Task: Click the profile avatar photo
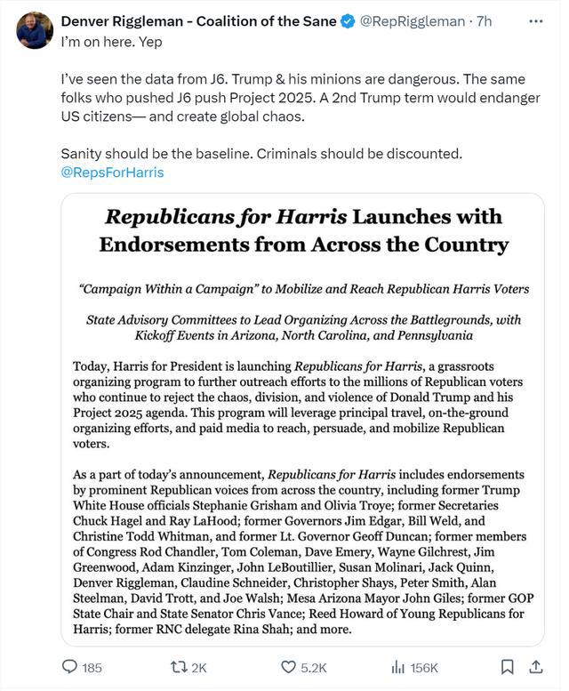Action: click(x=35, y=30)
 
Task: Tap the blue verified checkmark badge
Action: click(x=349, y=21)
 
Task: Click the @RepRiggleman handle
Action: click(x=413, y=21)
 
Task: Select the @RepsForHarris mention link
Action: click(x=112, y=172)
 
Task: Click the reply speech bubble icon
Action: click(x=70, y=666)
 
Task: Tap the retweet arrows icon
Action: click(x=179, y=666)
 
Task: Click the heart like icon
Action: click(x=288, y=666)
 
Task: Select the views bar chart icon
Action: click(x=397, y=666)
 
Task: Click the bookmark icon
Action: click(x=507, y=666)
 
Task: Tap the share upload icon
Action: click(x=536, y=666)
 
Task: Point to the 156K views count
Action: click(x=424, y=667)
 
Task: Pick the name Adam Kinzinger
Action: click(x=184, y=566)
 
